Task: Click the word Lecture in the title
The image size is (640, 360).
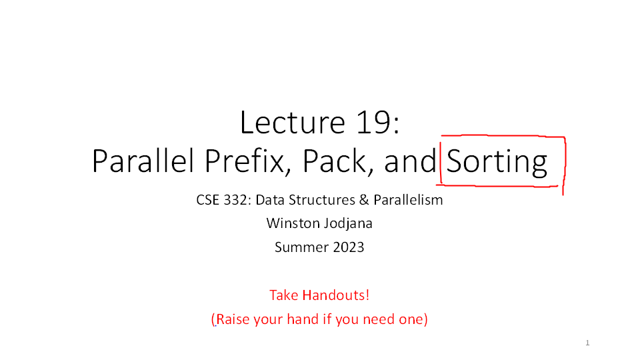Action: pyautogui.click(x=293, y=122)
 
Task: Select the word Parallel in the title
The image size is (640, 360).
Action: pyautogui.click(x=143, y=161)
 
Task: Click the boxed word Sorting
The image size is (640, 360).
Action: pyautogui.click(x=497, y=162)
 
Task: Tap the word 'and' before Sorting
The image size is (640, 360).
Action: pyautogui.click(x=410, y=161)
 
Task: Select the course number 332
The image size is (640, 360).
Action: pyautogui.click(x=235, y=200)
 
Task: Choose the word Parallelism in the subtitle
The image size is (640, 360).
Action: pyautogui.click(x=408, y=200)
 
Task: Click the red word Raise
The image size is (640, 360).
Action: pyautogui.click(x=233, y=319)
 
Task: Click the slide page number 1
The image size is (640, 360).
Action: pyautogui.click(x=587, y=343)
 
